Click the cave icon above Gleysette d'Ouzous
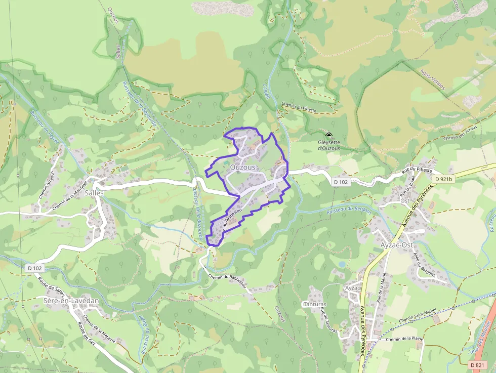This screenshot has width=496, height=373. (329, 135)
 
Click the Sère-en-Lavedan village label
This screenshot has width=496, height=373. (71, 301)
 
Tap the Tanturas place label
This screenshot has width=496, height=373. (314, 304)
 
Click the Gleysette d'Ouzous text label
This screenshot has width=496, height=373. (329, 145)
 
